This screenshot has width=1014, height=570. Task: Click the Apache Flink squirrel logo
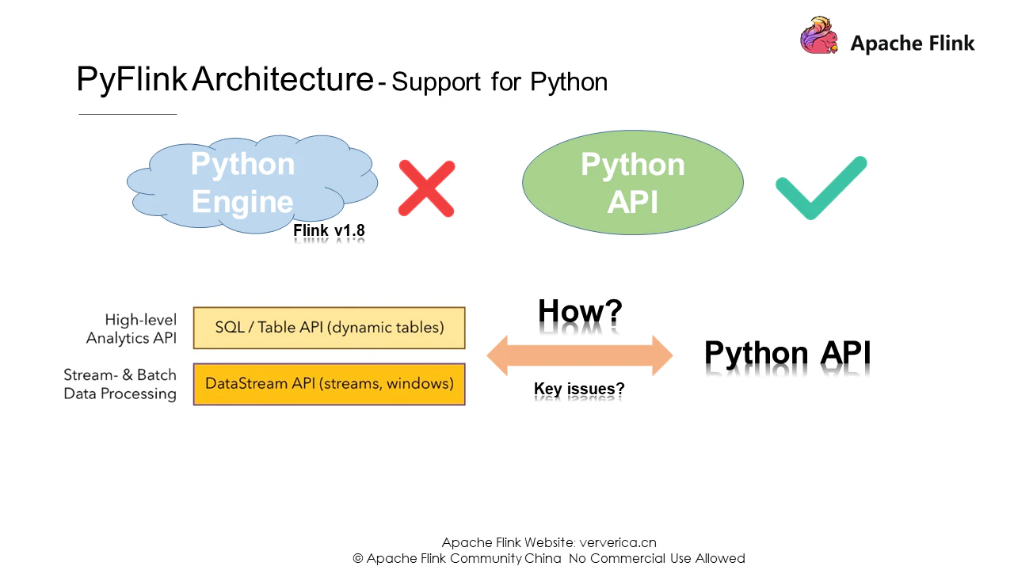819,36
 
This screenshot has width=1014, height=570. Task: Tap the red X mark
426,188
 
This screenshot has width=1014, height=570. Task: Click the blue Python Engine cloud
252,184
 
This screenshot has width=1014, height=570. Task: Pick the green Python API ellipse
633,182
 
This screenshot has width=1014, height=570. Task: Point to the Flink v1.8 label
329,230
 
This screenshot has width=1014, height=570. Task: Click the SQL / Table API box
329,328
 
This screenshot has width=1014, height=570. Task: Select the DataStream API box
329,384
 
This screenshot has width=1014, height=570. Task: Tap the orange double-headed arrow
580,355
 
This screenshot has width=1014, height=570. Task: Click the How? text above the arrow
580,311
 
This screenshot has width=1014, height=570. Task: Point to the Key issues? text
579,389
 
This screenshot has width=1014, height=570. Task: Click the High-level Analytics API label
132,329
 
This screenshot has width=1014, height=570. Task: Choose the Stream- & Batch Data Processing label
120,384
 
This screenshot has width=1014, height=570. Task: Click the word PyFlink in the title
132,80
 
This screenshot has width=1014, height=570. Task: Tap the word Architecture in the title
283,78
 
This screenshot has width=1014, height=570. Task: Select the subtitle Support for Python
499,82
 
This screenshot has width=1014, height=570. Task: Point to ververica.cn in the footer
618,542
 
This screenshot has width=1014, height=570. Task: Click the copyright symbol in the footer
357,559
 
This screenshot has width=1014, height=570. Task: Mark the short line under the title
128,114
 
